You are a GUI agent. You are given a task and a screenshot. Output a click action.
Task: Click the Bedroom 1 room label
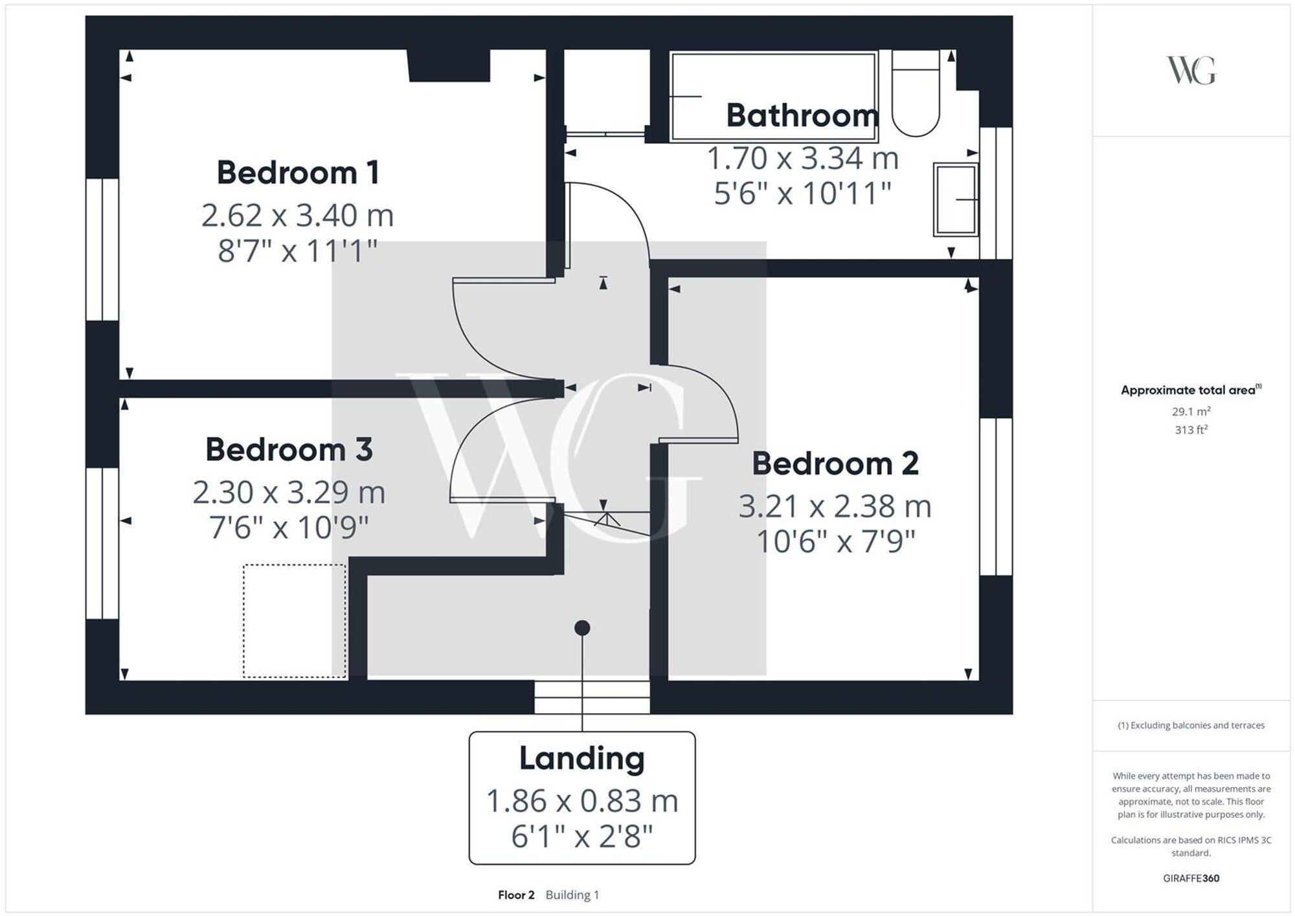(x=297, y=173)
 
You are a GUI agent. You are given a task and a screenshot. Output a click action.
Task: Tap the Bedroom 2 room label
(x=835, y=464)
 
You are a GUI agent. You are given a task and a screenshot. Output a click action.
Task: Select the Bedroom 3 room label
(x=289, y=450)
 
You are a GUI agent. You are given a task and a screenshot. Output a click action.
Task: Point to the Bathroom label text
(x=802, y=116)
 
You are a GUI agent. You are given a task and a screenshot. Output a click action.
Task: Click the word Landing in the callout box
(x=581, y=759)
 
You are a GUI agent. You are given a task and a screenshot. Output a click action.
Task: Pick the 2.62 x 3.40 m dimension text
(x=297, y=216)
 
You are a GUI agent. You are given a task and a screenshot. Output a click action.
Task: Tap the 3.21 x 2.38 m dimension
(x=835, y=507)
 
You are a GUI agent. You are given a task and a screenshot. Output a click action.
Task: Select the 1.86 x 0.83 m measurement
(x=581, y=801)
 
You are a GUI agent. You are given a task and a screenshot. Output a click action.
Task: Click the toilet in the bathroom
(x=915, y=94)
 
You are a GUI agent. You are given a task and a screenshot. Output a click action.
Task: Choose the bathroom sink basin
(x=955, y=199)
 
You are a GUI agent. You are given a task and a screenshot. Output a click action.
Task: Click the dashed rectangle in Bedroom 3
(x=295, y=621)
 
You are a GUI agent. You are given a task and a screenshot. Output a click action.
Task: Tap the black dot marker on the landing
(x=581, y=628)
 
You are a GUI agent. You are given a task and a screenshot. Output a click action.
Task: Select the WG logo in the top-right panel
(x=1191, y=71)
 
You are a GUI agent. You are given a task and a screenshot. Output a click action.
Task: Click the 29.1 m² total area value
(x=1191, y=412)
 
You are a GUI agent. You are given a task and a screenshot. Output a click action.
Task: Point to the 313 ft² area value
(x=1191, y=430)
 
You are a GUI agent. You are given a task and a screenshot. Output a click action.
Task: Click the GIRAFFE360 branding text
(x=1191, y=878)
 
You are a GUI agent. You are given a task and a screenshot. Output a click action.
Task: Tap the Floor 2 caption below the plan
(x=516, y=895)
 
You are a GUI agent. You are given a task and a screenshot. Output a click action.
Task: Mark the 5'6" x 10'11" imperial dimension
(x=802, y=194)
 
